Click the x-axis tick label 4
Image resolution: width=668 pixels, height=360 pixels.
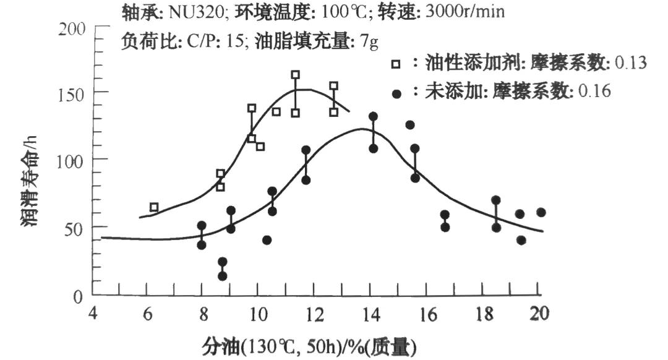(93, 313)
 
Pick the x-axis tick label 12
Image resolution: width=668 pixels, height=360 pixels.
(314, 313)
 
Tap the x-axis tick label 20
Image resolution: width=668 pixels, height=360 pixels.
(540, 313)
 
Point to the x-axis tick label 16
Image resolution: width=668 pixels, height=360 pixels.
(427, 313)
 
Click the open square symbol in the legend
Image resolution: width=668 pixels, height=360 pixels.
(396, 64)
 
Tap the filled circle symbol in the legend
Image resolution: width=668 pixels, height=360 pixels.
(396, 93)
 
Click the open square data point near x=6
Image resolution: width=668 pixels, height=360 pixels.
(154, 207)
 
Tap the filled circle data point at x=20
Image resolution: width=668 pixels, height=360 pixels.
(541, 212)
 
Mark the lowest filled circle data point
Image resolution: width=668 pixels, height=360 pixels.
(222, 276)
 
